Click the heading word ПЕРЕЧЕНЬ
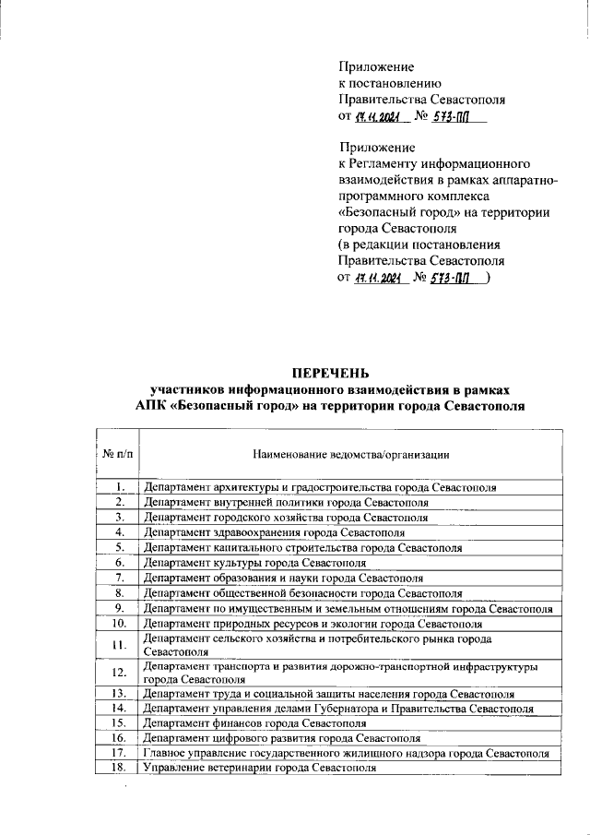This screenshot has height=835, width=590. pos(329,373)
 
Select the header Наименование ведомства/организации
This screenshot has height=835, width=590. pos(350,454)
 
